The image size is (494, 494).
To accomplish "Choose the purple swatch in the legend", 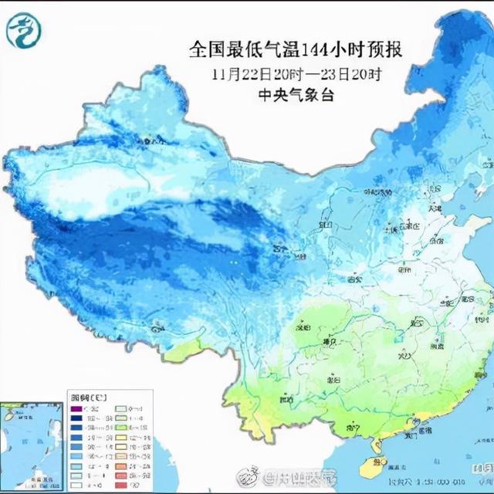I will click(78, 408).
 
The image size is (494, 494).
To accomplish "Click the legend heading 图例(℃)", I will click(83, 394).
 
